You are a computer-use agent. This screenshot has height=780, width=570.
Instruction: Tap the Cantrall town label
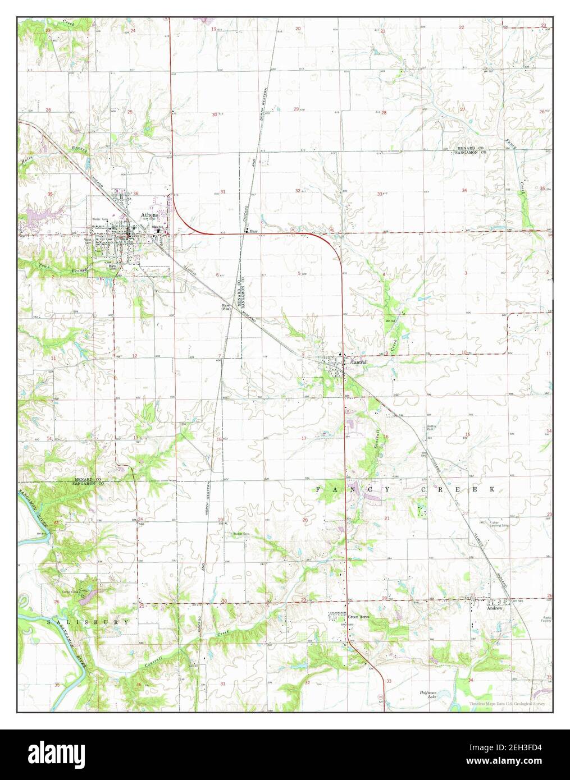[359, 363]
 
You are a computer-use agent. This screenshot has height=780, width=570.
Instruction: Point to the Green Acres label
[357, 617]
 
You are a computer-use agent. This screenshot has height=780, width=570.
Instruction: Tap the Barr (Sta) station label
[226, 307]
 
